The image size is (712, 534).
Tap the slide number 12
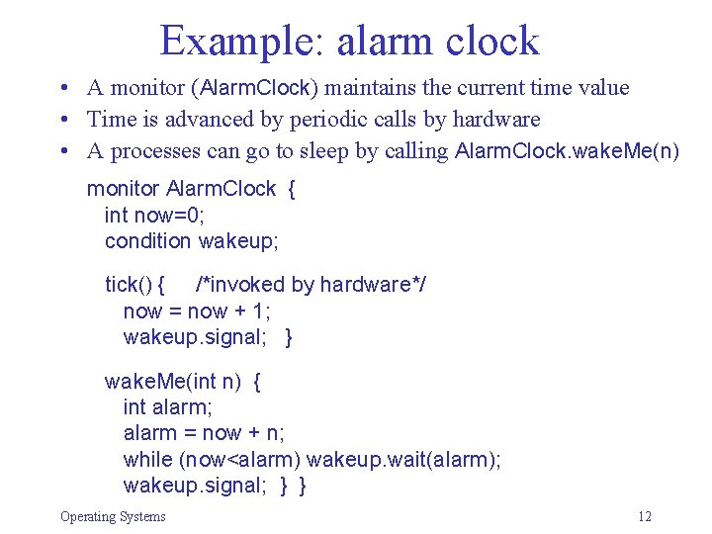coord(645,516)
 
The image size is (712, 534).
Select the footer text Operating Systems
coord(113,516)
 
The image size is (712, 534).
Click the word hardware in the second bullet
coord(491,120)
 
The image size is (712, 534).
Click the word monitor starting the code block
coord(124,189)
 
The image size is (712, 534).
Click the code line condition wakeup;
coord(192,240)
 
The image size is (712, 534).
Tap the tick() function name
coord(128,285)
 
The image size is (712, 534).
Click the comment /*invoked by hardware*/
coord(311,285)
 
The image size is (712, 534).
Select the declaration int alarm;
coord(168,406)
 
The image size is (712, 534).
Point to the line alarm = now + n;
coord(204,432)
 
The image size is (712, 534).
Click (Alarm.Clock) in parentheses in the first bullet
coord(257,88)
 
